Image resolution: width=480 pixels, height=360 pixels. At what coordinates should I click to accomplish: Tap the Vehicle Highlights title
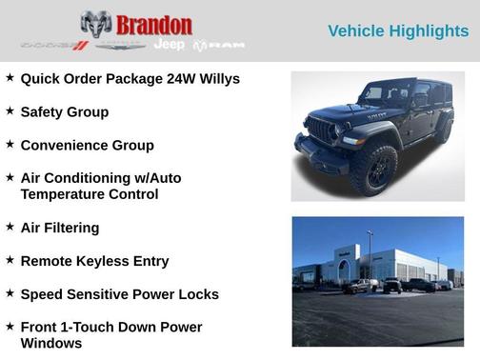(x=398, y=31)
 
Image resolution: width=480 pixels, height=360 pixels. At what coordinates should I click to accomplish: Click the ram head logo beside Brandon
(x=96, y=25)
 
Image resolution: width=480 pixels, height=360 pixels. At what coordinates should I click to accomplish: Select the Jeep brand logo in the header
(x=170, y=45)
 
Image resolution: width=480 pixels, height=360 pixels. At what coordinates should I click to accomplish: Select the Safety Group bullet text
(x=64, y=111)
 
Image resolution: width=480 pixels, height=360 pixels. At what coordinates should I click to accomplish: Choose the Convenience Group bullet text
(x=87, y=145)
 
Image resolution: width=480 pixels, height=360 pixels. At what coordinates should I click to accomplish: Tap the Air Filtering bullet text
(x=59, y=228)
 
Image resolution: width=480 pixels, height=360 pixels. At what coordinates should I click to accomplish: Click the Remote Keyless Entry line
(x=94, y=261)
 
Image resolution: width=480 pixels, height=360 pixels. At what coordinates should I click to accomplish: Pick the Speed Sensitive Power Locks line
(x=119, y=294)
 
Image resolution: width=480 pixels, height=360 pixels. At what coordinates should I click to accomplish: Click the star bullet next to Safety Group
(x=10, y=110)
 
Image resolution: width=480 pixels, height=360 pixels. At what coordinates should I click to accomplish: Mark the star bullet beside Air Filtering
(x=10, y=227)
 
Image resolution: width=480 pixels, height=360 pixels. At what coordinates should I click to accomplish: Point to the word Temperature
(x=66, y=194)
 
